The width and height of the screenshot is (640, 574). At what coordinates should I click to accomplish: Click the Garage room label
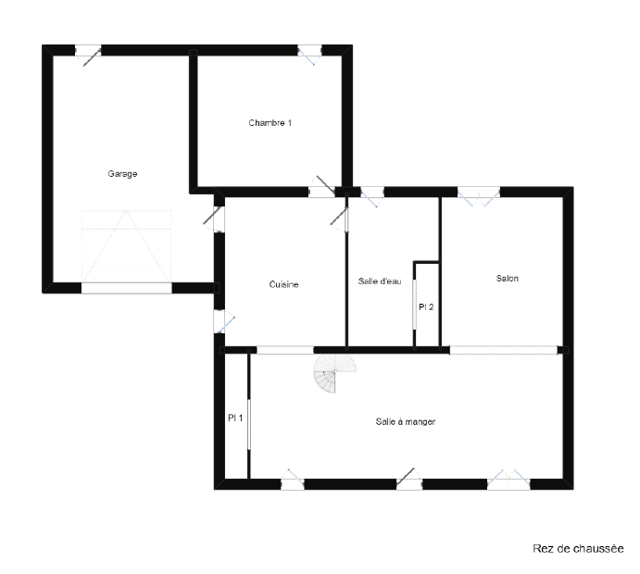point(122,174)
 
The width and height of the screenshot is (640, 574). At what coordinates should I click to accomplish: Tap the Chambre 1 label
point(270,123)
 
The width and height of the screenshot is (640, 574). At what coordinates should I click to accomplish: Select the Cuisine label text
point(283,284)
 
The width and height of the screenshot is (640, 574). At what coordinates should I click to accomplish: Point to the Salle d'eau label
point(380,281)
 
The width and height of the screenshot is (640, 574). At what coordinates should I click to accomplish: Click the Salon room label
point(508,279)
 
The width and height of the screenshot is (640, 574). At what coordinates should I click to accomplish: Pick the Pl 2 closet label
point(426,306)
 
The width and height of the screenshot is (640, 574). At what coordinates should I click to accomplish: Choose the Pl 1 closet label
point(235,418)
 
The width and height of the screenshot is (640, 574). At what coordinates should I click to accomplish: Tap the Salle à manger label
point(406,421)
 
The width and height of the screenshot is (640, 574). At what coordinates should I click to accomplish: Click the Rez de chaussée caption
point(578,549)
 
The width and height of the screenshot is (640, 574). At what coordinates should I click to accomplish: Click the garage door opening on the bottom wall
point(127,288)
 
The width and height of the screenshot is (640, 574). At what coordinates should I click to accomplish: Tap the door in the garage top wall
point(88,53)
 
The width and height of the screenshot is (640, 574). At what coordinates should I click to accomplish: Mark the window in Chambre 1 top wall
point(309,53)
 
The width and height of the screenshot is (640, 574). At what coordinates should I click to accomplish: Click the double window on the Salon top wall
point(478,195)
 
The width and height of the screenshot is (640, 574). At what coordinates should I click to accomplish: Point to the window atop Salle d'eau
point(372,196)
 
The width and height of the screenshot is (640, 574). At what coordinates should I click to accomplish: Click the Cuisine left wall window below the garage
point(222,321)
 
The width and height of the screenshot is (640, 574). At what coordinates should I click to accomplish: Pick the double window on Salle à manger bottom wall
point(508,481)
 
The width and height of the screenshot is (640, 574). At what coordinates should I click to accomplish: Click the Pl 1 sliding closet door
point(249,425)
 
